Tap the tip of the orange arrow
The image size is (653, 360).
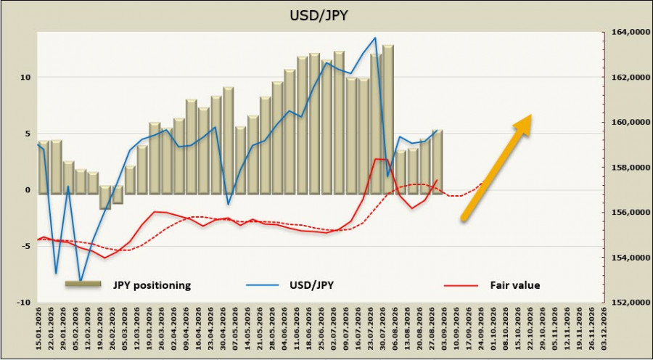531,114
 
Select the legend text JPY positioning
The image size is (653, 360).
152,285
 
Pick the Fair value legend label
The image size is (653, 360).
514,285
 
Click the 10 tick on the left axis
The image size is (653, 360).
28,77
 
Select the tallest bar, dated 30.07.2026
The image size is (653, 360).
387,119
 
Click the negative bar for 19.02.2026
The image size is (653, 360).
105,197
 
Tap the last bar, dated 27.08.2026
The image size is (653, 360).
437,162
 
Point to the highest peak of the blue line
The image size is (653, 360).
375,38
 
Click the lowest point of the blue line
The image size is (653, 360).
81,282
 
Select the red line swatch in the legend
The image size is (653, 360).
461,285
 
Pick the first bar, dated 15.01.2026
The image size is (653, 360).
44,168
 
